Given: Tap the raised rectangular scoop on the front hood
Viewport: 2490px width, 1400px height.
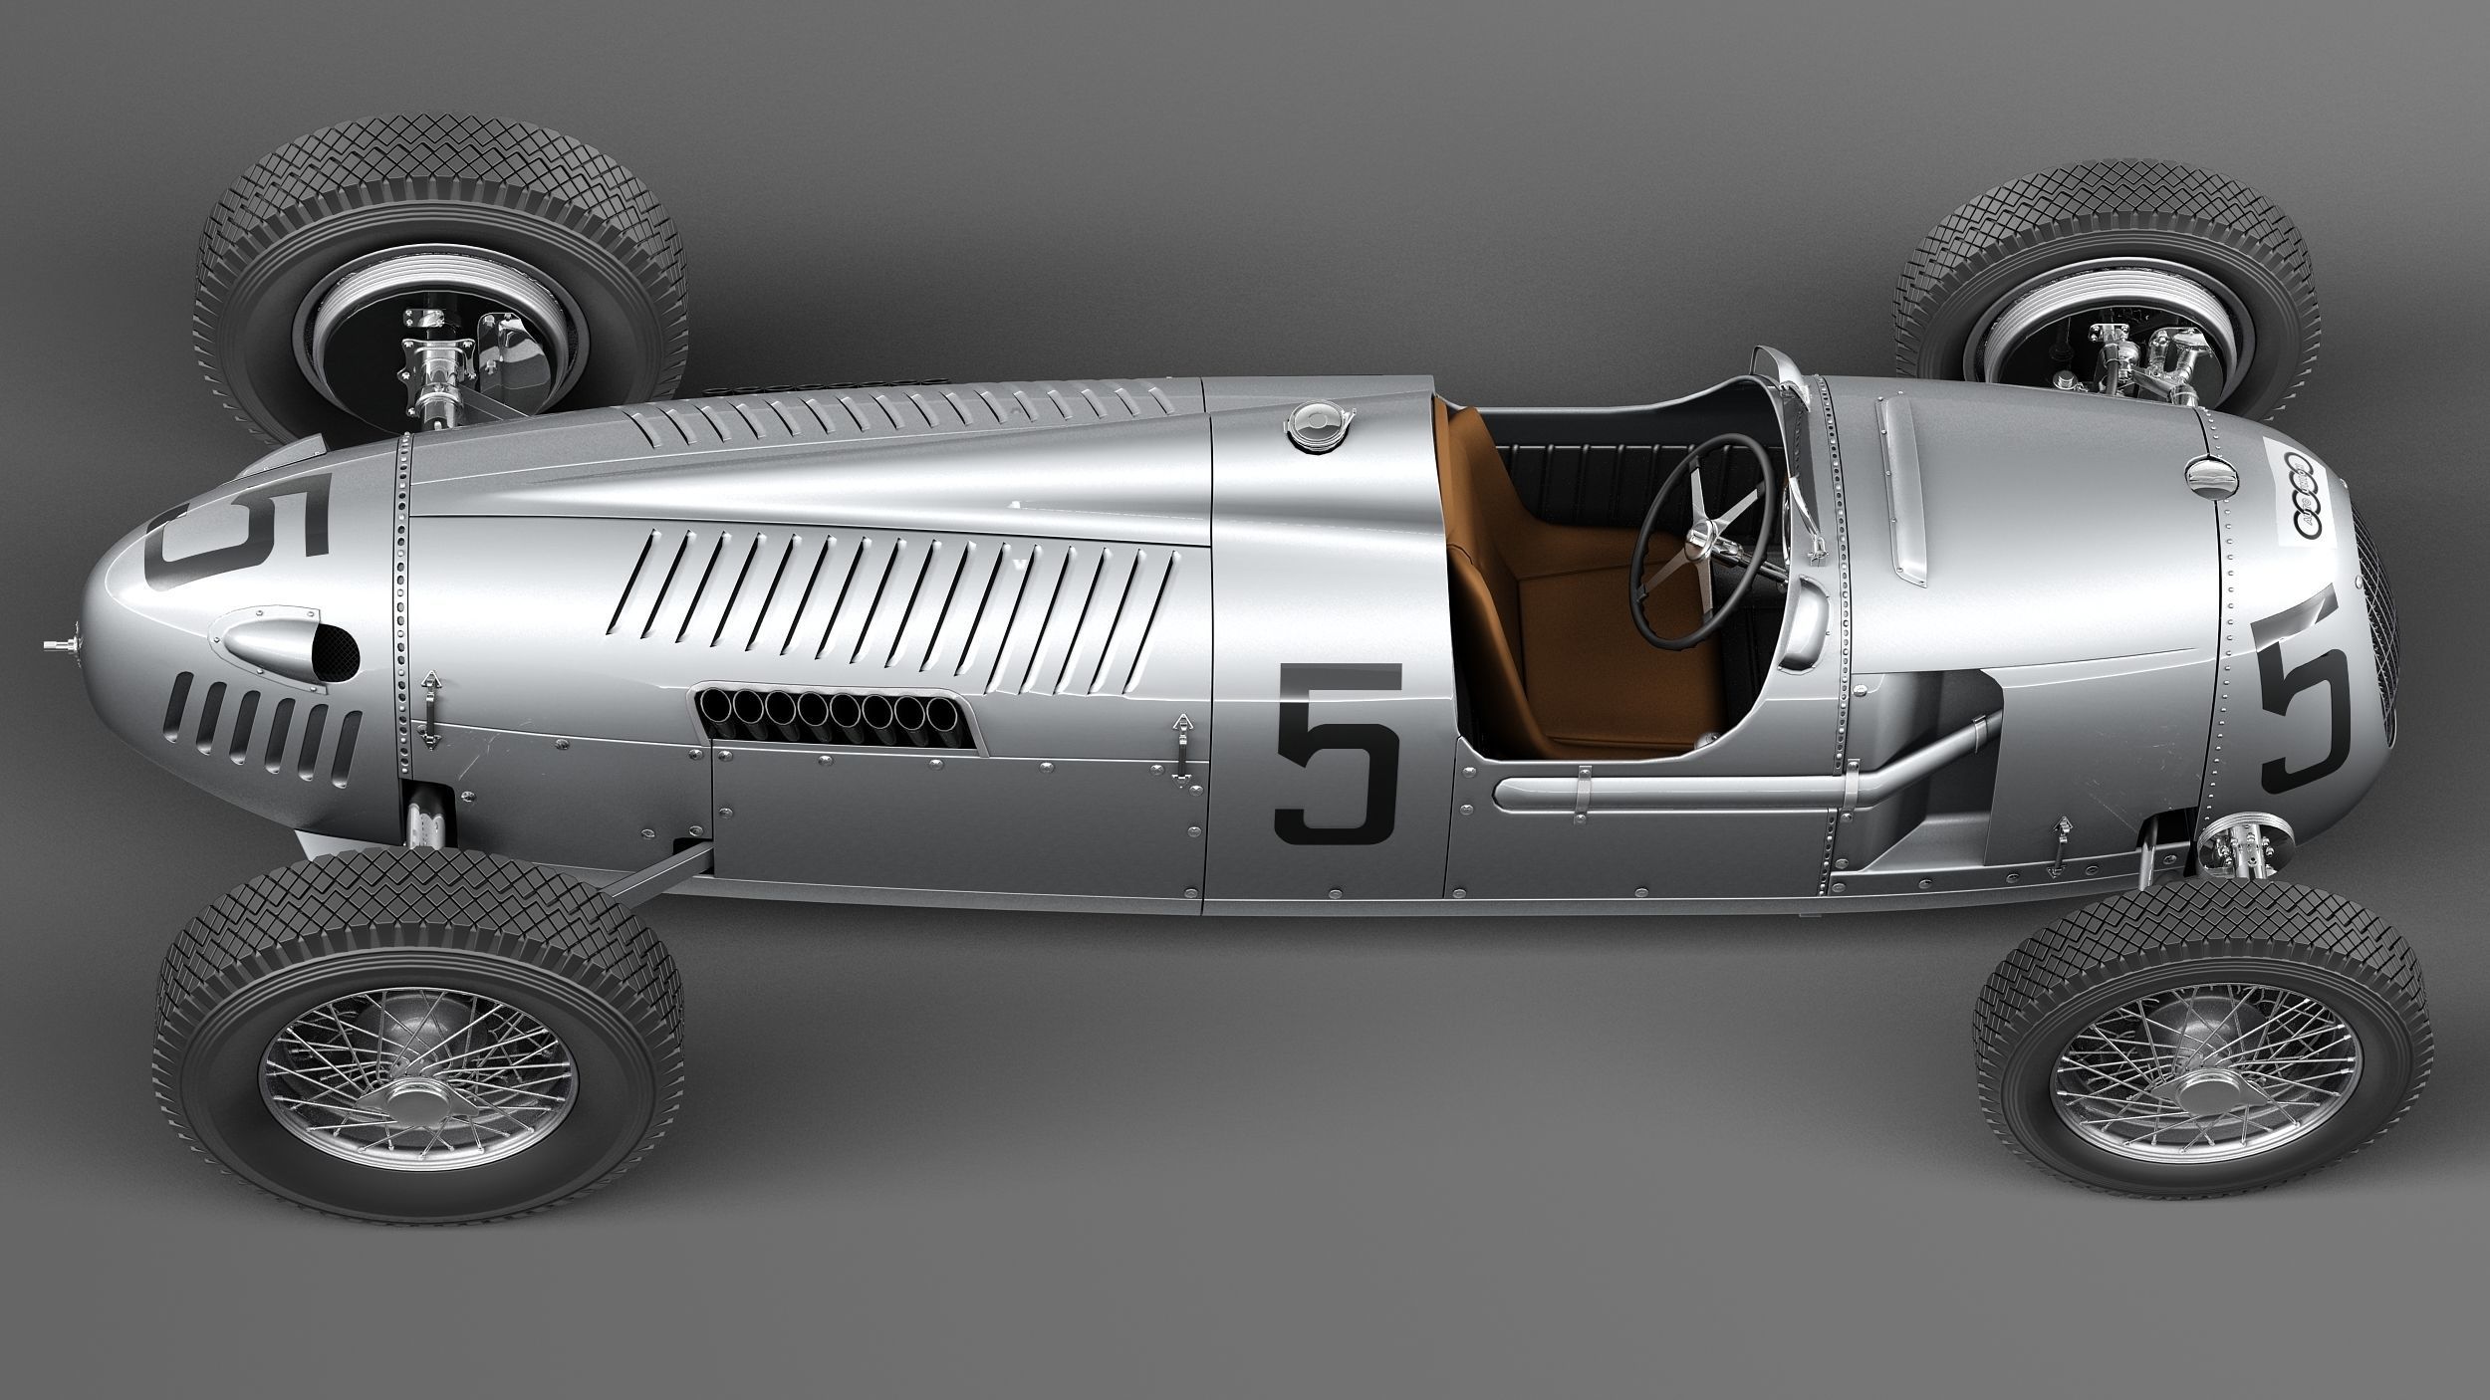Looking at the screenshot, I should pos(1902,488).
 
